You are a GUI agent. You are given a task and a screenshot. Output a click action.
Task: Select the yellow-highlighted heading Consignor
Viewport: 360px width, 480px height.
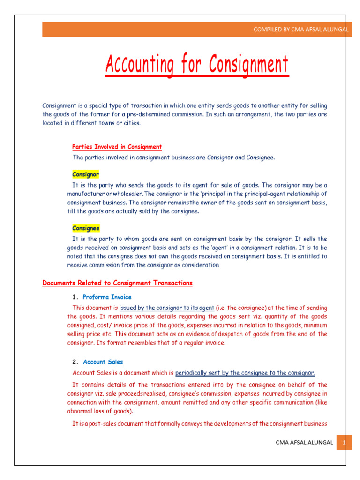[85, 174]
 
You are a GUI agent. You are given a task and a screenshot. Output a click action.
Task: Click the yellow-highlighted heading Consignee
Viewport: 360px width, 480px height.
[86, 228]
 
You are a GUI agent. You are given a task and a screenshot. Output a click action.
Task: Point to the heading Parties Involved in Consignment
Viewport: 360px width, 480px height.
[117, 147]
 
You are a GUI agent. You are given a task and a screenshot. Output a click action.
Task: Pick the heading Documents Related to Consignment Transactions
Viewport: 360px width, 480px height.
[117, 283]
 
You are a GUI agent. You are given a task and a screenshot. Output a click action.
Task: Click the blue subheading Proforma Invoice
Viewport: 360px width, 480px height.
[107, 297]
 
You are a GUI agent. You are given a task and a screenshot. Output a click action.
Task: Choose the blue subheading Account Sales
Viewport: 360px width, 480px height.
[103, 362]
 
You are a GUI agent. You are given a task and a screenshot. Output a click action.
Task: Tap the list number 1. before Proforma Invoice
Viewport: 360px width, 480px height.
[75, 297]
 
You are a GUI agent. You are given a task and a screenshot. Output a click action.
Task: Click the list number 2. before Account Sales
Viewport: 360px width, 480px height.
[75, 362]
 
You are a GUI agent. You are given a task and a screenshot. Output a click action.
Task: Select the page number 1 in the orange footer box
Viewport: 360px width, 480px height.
[344, 442]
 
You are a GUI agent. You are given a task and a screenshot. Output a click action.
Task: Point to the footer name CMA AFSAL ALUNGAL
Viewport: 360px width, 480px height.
[304, 442]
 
